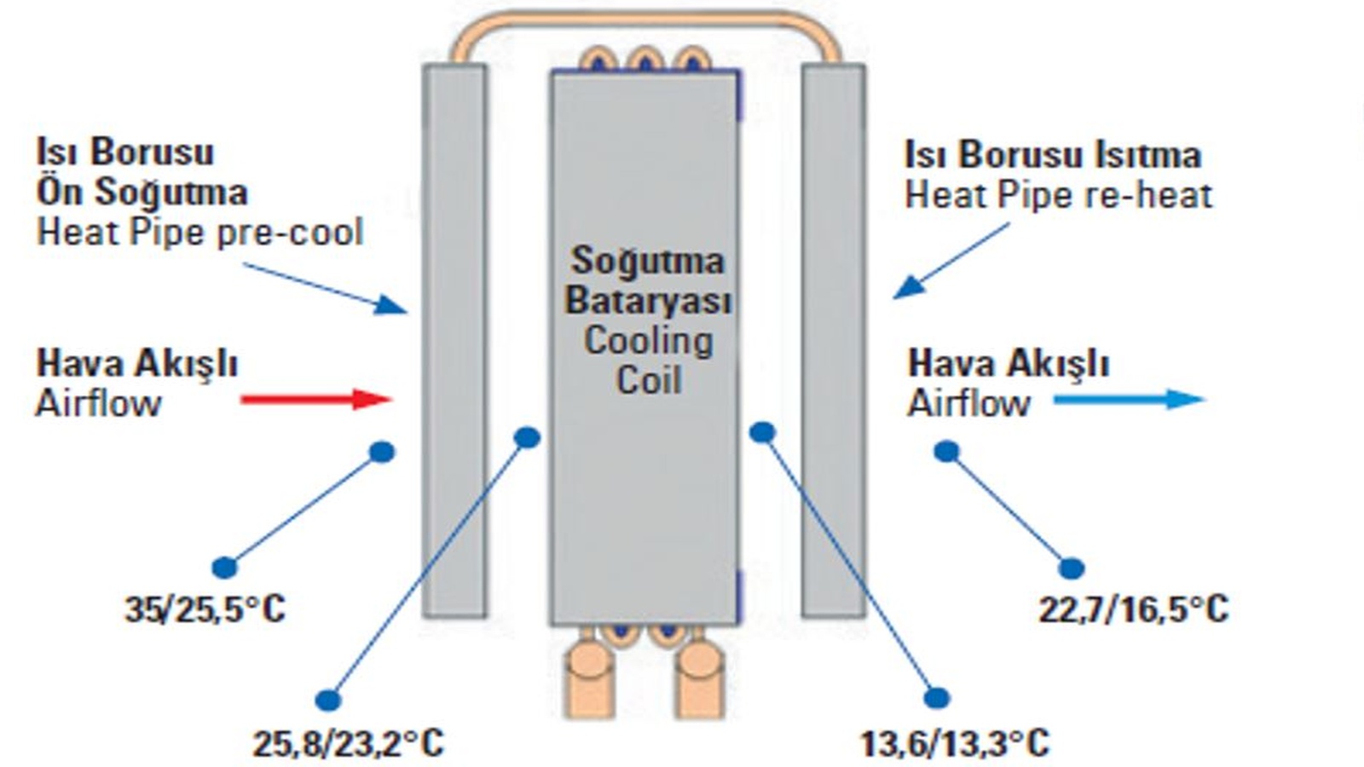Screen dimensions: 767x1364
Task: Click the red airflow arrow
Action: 315,399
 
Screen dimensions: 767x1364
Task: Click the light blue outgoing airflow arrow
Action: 1129,399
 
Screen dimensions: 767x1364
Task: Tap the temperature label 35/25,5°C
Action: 205,609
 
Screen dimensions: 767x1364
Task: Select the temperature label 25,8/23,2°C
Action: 348,743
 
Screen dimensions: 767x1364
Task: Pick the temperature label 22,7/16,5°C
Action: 1133,609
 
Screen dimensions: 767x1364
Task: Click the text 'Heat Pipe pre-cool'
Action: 199,232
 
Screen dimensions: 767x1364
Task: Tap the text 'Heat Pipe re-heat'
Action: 1057,195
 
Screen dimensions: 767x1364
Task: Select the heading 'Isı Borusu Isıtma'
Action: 1052,155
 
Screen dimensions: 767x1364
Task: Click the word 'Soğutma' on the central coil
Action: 647,260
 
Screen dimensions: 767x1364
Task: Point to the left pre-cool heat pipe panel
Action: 454,341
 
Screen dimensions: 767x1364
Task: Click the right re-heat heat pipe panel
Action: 833,341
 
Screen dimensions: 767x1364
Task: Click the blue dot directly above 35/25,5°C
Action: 224,567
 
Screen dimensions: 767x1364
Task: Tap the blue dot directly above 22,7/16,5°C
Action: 1072,568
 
